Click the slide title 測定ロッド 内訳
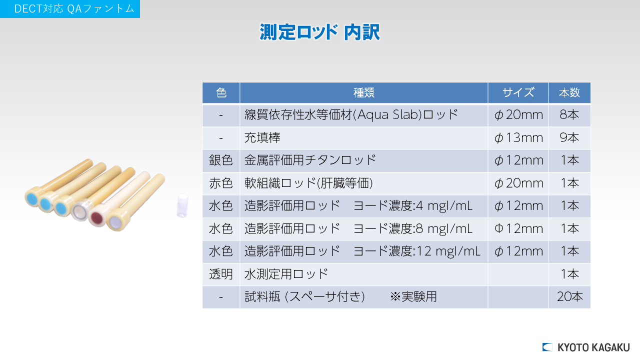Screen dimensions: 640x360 coord(319,32)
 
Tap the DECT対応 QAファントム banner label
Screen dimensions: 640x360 coord(74,9)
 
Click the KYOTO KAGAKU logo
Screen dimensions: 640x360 coord(586,347)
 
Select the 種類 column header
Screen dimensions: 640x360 coord(363,92)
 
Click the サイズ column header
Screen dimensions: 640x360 coord(518,92)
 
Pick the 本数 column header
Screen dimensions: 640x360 coord(569,92)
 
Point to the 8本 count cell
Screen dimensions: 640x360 coord(569,115)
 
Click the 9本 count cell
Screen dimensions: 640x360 coord(569,137)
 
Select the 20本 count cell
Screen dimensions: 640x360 coord(569,297)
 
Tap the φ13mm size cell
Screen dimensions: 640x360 coord(518,138)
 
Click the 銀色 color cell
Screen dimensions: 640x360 coord(220,160)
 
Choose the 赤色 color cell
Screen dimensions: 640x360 coord(220,183)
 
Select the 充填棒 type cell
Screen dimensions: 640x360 coord(262,137)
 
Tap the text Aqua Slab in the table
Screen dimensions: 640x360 coord(387,115)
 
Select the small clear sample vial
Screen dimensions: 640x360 coord(182,205)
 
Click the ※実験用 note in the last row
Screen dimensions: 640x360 coord(413,297)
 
